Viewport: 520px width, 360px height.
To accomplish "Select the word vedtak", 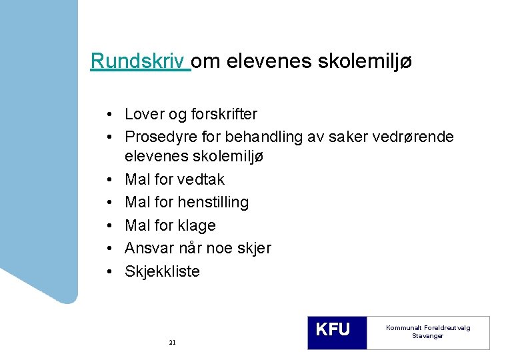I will [201, 179].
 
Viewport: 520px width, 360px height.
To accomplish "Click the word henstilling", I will [213, 202].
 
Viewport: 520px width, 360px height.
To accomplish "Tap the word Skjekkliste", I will [162, 271].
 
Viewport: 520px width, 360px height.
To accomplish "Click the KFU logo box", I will [337, 332].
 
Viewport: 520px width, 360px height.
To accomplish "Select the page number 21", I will [172, 342].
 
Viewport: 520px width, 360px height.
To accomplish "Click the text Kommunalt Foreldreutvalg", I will [428, 328].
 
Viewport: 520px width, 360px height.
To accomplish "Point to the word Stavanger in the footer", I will [427, 336].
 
